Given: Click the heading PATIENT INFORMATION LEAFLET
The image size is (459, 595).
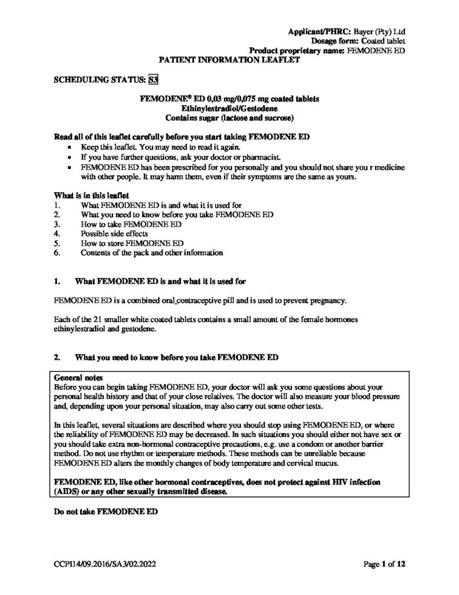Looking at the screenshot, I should point(229,59).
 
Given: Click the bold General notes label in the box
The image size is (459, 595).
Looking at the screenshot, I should point(78,377).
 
